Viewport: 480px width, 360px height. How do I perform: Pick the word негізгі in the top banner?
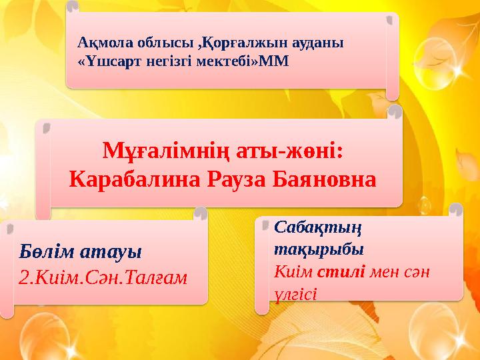tap(173, 60)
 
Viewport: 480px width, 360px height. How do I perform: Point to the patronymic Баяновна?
tap(327, 179)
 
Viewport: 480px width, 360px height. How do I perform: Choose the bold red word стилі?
tap(341, 272)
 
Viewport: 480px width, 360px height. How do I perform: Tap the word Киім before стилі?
tap(293, 272)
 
